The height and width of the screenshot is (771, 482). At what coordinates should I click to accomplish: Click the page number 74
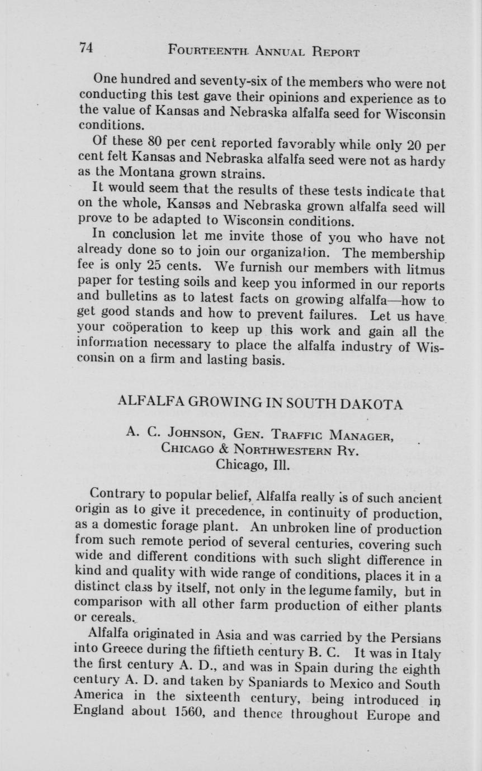(85, 49)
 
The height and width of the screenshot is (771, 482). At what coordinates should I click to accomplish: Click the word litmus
(421, 270)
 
